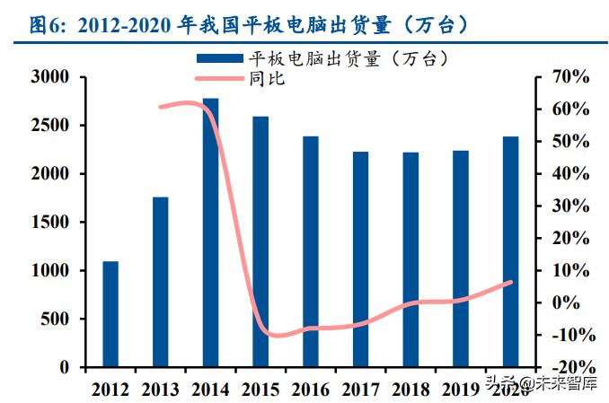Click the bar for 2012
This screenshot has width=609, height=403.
(x=110, y=314)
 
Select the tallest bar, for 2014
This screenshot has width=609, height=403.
(x=210, y=232)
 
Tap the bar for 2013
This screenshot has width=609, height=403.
(x=160, y=282)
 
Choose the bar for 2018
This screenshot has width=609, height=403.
(x=410, y=259)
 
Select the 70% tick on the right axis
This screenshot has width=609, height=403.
(x=568, y=77)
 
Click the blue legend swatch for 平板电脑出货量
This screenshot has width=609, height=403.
(x=219, y=59)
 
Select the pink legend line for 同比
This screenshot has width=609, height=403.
(x=219, y=78)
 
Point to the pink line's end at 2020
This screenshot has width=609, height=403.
(x=511, y=282)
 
